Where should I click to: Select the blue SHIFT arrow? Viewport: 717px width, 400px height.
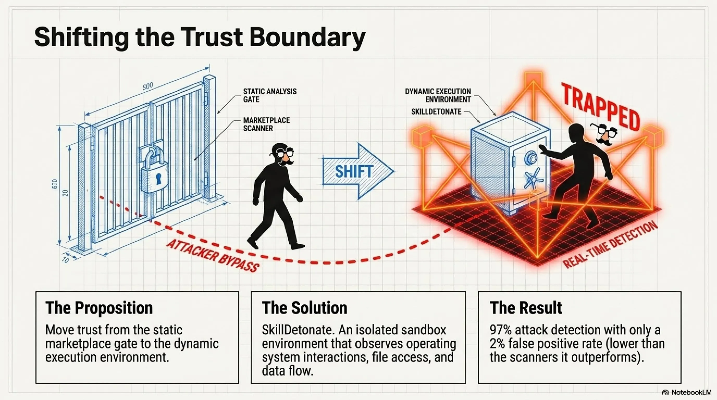click(358, 171)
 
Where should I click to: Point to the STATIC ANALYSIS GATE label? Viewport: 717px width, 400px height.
click(270, 95)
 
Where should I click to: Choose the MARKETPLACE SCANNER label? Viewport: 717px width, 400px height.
click(266, 124)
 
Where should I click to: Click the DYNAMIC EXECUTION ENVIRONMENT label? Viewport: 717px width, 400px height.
click(438, 95)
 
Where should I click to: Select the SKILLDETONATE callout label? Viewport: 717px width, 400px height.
click(436, 112)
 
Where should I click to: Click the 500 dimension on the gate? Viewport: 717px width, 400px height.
click(148, 86)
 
